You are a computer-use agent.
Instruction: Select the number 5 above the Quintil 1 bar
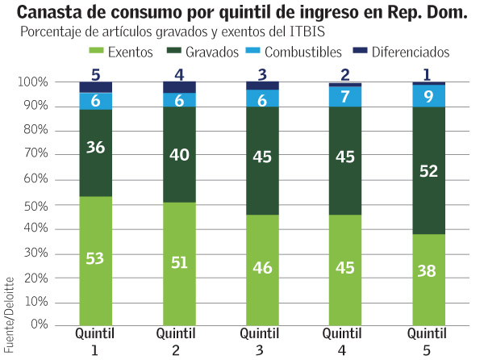(95, 75)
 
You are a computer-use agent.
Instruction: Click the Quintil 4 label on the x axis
(342, 341)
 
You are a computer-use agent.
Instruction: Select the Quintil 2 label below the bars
(177, 341)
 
